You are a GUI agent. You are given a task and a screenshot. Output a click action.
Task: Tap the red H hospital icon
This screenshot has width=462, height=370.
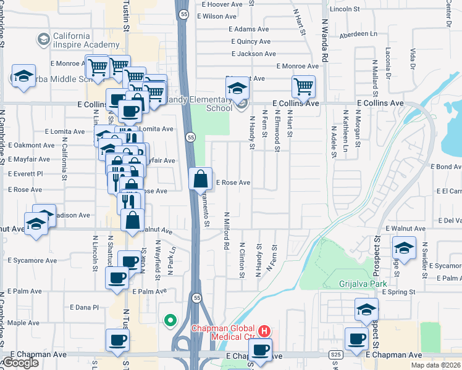point(264,331)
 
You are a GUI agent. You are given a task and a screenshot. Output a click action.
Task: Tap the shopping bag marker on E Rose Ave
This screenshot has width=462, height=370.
point(201,179)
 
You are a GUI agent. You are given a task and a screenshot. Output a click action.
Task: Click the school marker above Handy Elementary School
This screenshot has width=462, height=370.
point(237,89)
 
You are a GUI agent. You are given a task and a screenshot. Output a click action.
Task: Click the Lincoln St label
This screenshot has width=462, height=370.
point(345,9)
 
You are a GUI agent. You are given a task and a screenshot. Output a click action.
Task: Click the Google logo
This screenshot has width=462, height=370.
point(20,363)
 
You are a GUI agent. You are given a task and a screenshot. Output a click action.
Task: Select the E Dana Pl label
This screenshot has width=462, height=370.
point(84,307)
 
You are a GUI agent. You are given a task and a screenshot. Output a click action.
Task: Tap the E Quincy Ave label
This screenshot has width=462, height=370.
point(250,41)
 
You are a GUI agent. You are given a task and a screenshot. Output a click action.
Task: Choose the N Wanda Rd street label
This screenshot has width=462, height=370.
point(324,43)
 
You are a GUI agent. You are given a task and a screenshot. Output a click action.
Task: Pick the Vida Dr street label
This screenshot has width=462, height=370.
point(412,58)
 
